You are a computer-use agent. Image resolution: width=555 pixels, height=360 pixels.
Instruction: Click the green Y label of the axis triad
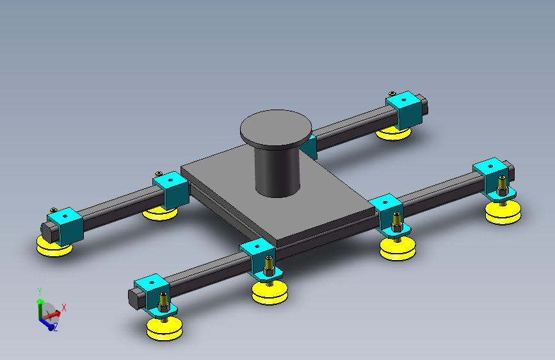40,291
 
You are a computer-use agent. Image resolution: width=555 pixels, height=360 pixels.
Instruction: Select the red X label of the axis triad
64,307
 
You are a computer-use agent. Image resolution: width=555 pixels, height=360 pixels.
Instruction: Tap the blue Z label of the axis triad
56,327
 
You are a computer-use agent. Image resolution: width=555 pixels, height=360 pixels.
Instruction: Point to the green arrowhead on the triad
40,301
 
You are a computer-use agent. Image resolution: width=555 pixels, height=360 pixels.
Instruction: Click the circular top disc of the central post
276,127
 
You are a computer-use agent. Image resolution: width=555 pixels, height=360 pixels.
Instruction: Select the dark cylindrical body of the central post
277,170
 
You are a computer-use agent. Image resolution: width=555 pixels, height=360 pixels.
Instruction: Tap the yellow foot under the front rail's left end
165,329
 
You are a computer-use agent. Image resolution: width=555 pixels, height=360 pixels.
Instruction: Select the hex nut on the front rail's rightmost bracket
503,191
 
